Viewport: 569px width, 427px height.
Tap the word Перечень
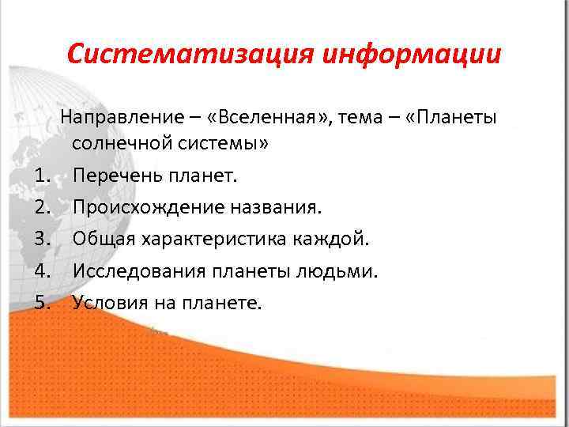click(115, 176)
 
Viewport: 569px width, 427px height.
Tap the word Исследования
click(138, 272)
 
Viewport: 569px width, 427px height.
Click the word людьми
click(341, 272)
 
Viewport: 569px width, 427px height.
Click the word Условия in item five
click(107, 304)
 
